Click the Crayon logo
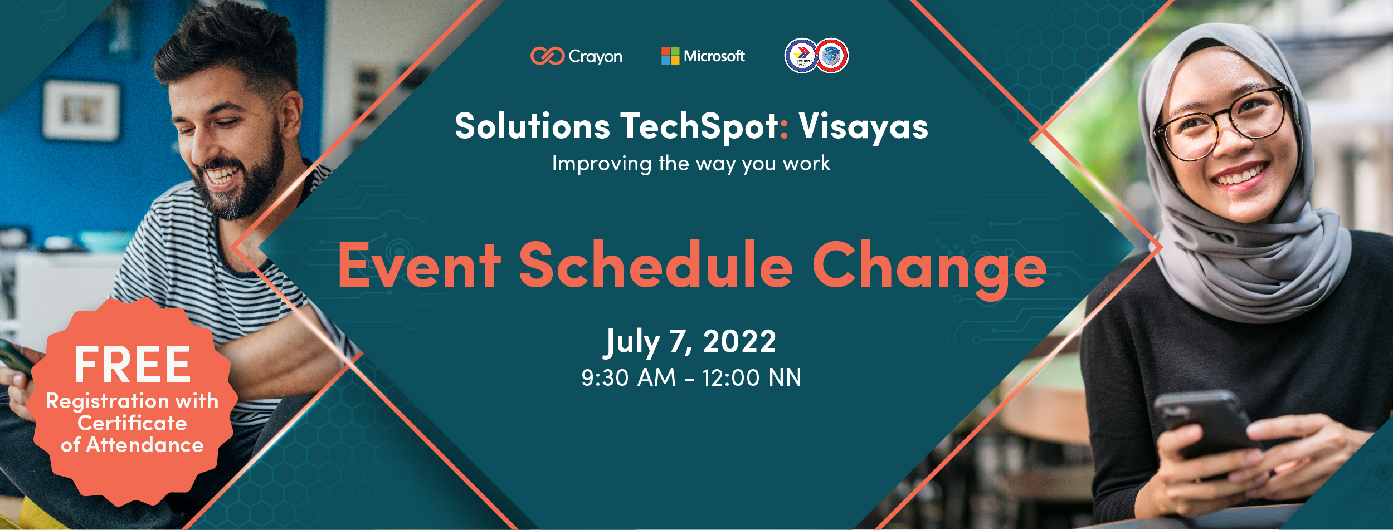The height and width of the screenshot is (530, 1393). coord(576,56)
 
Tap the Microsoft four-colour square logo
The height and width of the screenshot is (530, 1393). coord(670,56)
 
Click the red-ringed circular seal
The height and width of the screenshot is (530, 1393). coord(832,56)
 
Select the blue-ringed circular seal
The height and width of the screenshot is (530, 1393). coord(801,56)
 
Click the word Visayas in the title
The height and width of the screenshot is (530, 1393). coord(863,126)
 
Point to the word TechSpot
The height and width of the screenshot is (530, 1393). coord(700,126)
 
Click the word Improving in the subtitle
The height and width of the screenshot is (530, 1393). coord(601,164)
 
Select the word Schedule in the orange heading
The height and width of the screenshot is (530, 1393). coord(655,266)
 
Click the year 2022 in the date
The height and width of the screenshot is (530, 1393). coord(739,341)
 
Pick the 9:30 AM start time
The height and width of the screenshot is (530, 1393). coord(628,377)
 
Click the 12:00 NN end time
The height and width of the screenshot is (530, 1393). coord(751,377)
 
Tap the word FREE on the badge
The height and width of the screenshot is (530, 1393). coord(133,365)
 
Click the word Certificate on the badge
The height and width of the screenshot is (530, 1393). coord(132,423)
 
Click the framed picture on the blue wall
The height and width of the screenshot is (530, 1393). coord(81,110)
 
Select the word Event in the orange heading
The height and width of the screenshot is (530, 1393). coord(419,266)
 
